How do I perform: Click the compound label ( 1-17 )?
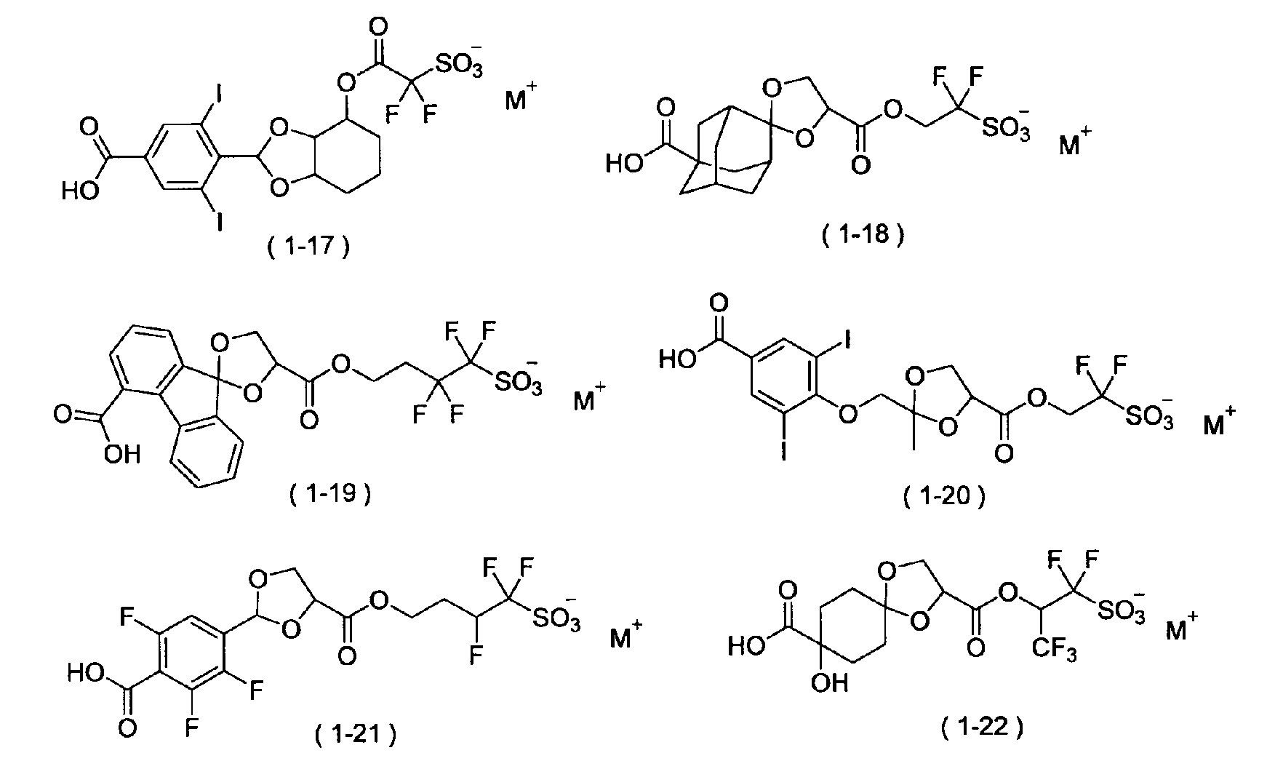pos(308,247)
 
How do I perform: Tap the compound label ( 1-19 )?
pos(330,495)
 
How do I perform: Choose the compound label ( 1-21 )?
pos(355,736)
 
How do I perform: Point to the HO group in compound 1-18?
pos(625,164)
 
